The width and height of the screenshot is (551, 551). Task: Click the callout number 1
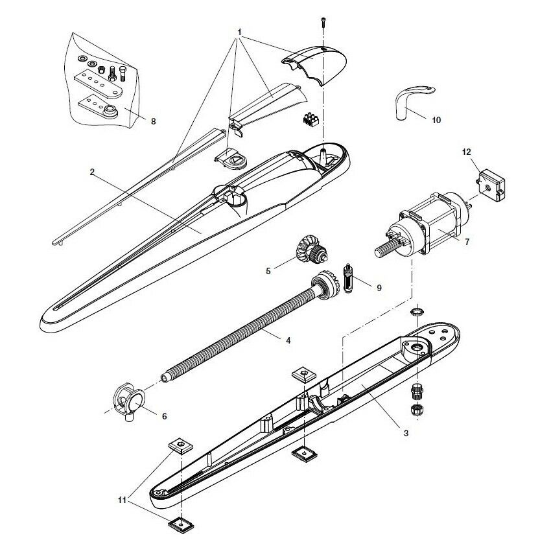(x=240, y=32)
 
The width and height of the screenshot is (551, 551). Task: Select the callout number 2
(x=93, y=172)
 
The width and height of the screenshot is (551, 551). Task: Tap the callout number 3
(x=406, y=432)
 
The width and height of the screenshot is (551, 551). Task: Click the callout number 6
(x=164, y=416)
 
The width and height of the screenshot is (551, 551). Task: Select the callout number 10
(x=436, y=120)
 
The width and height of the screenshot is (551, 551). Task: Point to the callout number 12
(x=465, y=152)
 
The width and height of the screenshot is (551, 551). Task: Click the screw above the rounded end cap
(x=322, y=24)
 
